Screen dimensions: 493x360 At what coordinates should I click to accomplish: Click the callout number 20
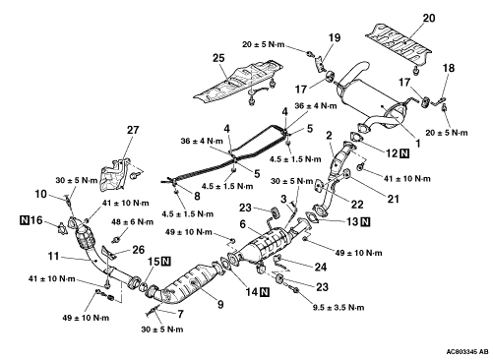(x=428, y=18)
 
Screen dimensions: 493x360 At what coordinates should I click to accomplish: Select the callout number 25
(x=218, y=58)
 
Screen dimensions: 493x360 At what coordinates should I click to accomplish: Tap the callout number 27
(x=133, y=130)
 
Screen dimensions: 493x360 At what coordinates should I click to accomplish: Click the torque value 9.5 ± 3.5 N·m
(x=339, y=308)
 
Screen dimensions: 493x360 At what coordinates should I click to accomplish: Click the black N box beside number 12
(x=404, y=153)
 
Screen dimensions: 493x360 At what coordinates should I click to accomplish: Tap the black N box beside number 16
(x=25, y=220)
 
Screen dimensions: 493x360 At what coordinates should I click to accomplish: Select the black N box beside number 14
(x=265, y=292)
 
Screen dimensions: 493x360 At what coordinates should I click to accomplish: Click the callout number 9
(x=220, y=305)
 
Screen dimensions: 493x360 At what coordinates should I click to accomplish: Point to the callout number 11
(x=53, y=256)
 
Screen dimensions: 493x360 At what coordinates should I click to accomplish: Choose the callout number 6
(x=243, y=224)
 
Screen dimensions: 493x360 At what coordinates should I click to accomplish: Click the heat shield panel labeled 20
(x=399, y=44)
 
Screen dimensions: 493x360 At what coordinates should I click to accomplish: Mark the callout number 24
(x=320, y=267)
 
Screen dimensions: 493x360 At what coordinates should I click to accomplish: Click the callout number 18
(x=449, y=68)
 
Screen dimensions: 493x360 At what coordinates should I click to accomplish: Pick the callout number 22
(x=357, y=205)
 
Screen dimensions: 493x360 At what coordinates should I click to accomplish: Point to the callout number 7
(x=180, y=314)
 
